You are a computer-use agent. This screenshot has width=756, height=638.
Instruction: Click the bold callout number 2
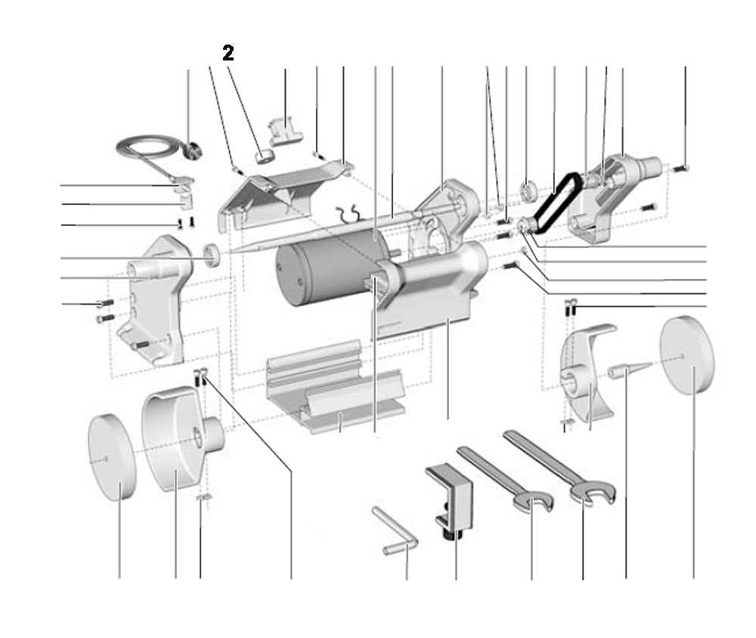click(228, 53)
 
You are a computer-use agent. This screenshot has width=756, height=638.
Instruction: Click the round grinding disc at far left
click(112, 457)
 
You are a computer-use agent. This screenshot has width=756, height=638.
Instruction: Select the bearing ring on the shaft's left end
click(214, 255)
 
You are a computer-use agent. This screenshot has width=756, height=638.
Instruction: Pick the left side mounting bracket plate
click(159, 299)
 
